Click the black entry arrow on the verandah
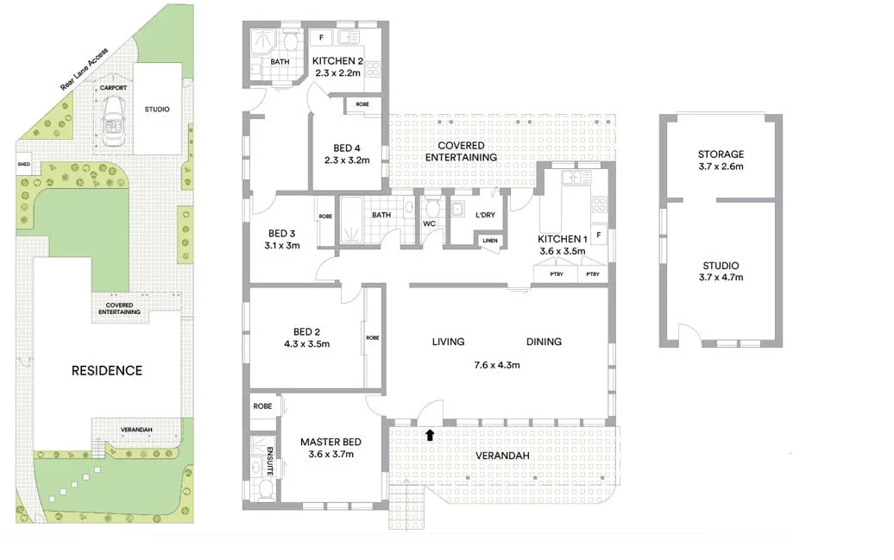click(x=429, y=435)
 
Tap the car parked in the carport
click(x=113, y=122)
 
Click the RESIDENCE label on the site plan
click(x=107, y=370)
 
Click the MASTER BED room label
click(x=331, y=443)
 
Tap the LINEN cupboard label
click(x=489, y=241)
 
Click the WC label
click(x=429, y=224)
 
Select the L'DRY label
click(x=484, y=215)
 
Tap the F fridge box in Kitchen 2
click(x=321, y=38)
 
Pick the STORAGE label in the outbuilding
click(x=721, y=154)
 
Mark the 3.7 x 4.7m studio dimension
click(x=721, y=277)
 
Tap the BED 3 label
click(x=282, y=233)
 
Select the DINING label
click(x=544, y=342)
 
